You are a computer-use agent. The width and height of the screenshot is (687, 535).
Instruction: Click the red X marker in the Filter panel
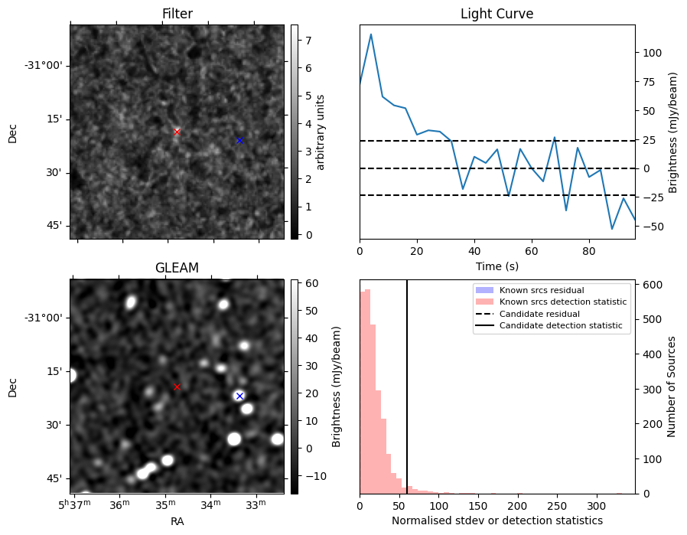pos(177,132)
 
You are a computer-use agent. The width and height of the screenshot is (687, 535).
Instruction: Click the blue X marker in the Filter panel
pos(239,140)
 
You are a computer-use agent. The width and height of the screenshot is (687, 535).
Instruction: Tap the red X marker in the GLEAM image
pos(177,387)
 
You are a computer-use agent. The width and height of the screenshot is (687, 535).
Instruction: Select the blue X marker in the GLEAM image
pos(239,396)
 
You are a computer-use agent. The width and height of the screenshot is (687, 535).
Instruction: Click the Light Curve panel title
pos(497,14)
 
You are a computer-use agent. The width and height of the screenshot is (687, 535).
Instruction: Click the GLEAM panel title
pos(177,268)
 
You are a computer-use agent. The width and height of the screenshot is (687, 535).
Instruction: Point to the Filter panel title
pos(177,14)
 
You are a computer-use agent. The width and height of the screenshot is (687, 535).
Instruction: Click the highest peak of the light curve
pos(371,34)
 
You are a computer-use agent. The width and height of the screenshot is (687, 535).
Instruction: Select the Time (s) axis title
pos(497,266)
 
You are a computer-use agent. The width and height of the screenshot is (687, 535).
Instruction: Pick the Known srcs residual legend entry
pos(542,290)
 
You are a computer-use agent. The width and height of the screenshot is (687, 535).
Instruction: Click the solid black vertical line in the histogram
pos(407,383)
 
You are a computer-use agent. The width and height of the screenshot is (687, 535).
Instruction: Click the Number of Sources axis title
pos(671,386)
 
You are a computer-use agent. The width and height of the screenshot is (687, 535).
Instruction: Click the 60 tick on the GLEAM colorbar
pos(306,283)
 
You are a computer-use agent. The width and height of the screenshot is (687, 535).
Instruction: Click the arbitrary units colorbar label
pos(321,132)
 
